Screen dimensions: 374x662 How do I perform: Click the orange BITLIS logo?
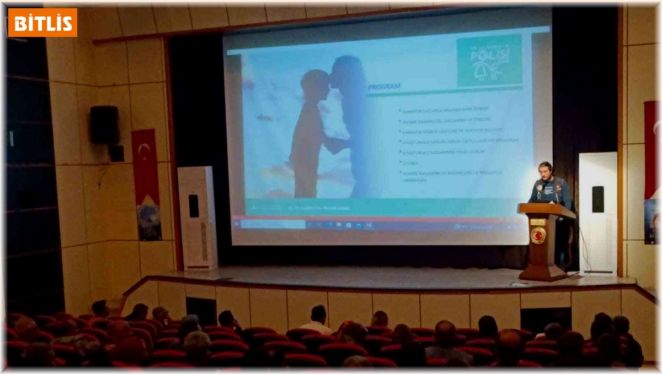pos(42,22)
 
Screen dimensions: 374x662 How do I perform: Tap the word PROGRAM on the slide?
pos(384,86)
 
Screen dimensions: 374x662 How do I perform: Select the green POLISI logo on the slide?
pos(489,61)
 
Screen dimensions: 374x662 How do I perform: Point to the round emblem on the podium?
pos(537,236)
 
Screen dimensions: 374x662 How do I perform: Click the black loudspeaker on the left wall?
pos(104,125)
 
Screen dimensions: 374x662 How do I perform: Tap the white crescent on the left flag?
pos(144,149)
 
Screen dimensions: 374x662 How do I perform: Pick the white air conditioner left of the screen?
pos(197,218)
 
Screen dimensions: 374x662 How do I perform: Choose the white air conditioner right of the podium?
pos(598,212)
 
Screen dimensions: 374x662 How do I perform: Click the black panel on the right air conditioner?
pos(598,199)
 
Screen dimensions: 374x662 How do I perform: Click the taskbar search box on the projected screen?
pos(274,225)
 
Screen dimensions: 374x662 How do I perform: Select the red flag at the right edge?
pos(651,149)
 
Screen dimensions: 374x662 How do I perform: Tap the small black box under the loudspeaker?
pos(116,153)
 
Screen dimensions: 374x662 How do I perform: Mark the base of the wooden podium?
pos(543,274)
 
